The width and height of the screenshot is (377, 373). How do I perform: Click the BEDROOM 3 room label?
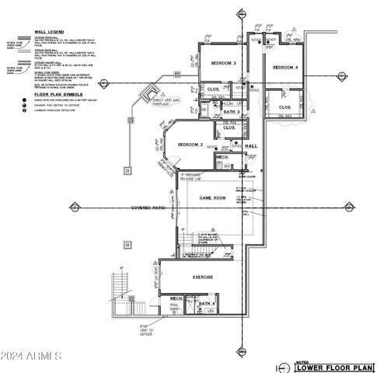pos(223,63)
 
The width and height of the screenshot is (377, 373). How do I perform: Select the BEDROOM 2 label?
pos(190,145)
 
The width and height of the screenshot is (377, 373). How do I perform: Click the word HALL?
pos(251,145)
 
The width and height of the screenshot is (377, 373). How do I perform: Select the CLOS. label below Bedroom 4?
pos(284,106)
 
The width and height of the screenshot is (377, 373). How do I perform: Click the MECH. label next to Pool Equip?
pos(176,298)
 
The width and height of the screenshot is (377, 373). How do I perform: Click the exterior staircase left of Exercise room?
pos(122,293)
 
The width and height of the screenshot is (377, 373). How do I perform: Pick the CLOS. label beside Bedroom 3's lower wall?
pos(211,88)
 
